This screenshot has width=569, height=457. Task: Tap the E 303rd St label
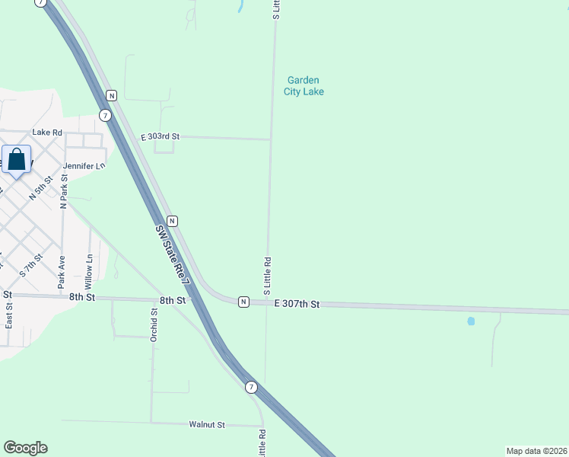(x=160, y=137)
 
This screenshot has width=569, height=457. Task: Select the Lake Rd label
(x=46, y=133)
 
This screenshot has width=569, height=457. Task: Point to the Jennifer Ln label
(x=84, y=165)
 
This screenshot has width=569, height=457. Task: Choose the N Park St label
(x=64, y=192)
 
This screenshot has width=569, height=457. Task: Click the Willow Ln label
(x=90, y=272)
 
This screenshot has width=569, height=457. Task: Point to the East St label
(x=9, y=314)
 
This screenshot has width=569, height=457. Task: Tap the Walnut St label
(x=208, y=424)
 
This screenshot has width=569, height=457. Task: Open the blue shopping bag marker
(x=17, y=161)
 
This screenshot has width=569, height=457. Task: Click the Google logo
(x=25, y=448)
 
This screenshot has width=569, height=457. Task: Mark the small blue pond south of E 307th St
(x=471, y=321)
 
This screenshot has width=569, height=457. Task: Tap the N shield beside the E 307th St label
(x=243, y=302)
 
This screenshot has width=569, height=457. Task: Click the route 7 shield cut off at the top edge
(x=41, y=3)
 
